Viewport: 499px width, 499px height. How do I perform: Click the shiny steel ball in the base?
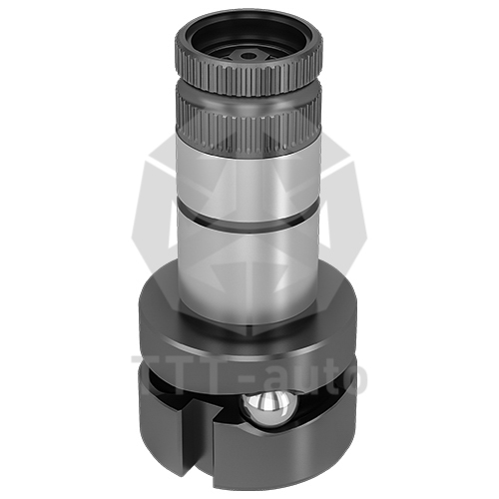(x=268, y=408)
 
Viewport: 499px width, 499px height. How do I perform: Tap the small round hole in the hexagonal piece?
(x=248, y=56)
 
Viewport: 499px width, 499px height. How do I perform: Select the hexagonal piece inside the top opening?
(x=249, y=56)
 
